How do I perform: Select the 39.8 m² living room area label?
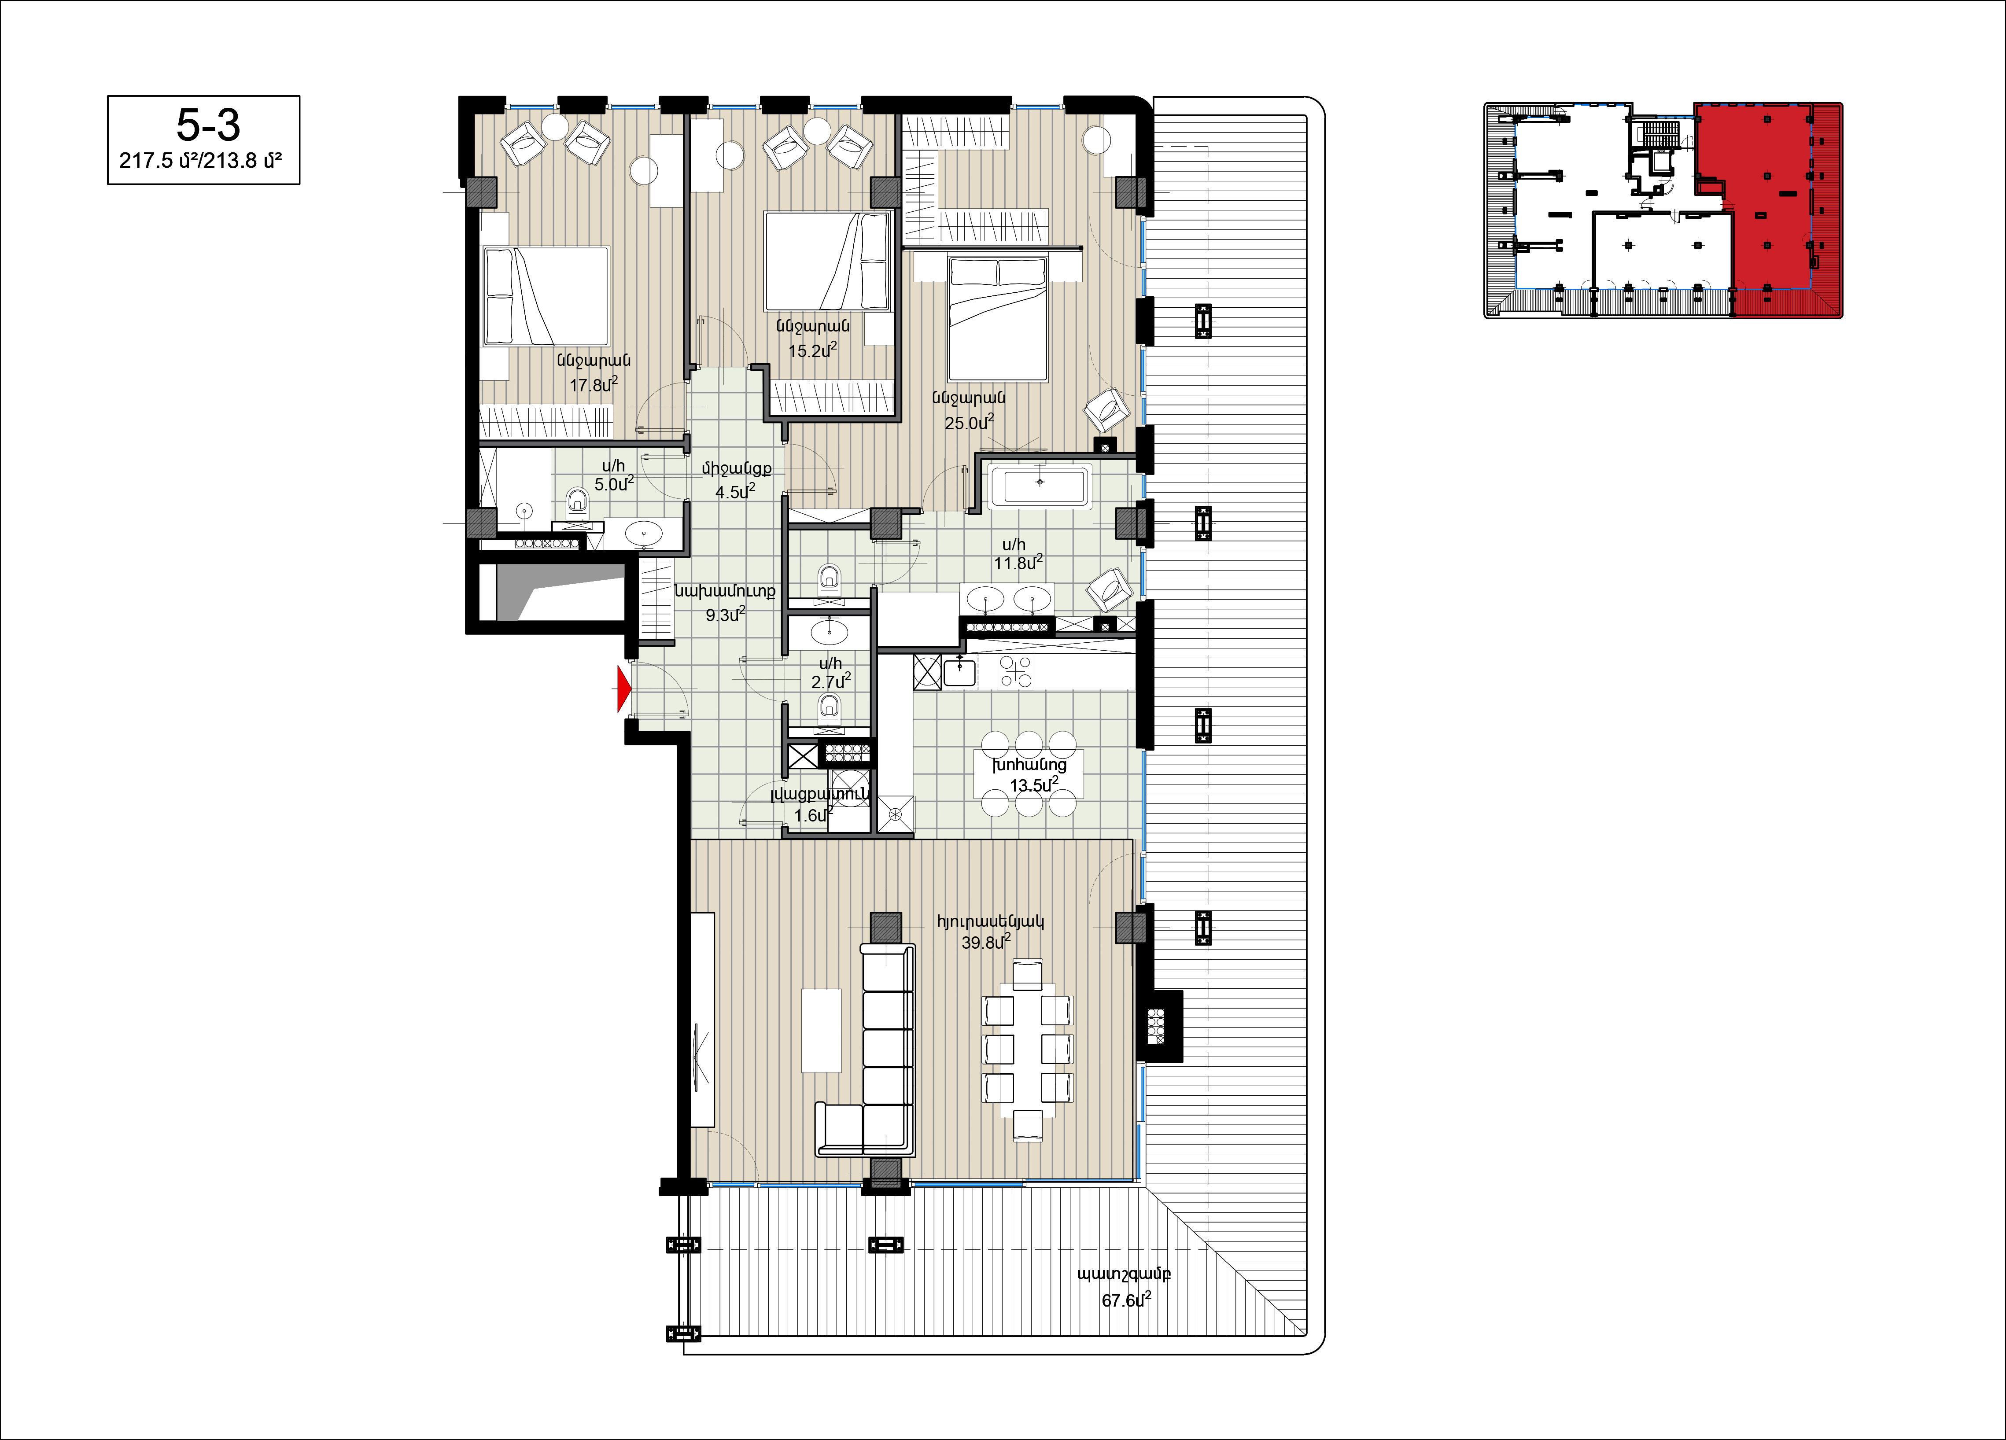pyautogui.click(x=985, y=942)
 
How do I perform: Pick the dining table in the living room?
pyautogui.click(x=1028, y=1050)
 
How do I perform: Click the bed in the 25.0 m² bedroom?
pyautogui.click(x=998, y=318)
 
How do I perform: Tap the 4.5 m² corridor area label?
pyautogui.click(x=735, y=491)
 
